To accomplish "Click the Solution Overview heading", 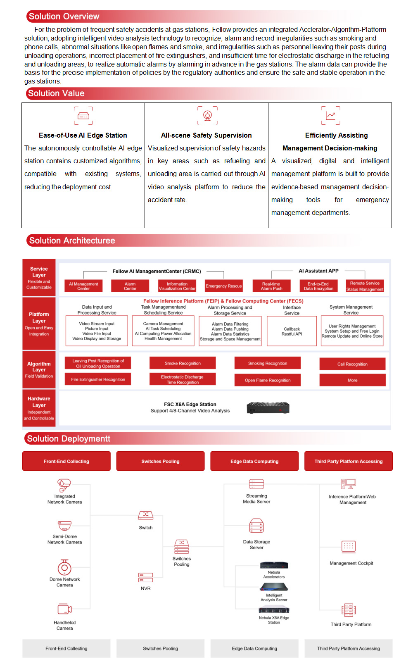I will pos(64,17).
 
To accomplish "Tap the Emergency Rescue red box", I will pos(223,286).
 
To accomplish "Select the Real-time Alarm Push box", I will pos(271,286).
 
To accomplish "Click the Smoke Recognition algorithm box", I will pos(183,363).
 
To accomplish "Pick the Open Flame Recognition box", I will pos(268,380).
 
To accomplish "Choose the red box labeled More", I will pos(352,380).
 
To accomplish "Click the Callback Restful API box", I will pos(292,331).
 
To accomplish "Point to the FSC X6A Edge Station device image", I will pos(268,408).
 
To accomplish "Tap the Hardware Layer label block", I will pos(39,408).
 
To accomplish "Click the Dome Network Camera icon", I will pos(64,567).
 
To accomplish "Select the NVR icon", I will pos(146,577).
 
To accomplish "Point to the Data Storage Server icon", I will pos(256,526).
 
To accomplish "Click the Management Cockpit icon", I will pos(349,546).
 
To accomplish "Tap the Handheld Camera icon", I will pos(64,609).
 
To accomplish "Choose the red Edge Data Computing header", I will pos(254,461).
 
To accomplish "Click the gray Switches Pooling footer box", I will pos(160,648).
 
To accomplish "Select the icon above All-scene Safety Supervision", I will pos(207,116).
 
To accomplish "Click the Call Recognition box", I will pos(352,364).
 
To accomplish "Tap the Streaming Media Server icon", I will pos(256,484).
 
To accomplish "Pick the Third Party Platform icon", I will pos(349,610).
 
